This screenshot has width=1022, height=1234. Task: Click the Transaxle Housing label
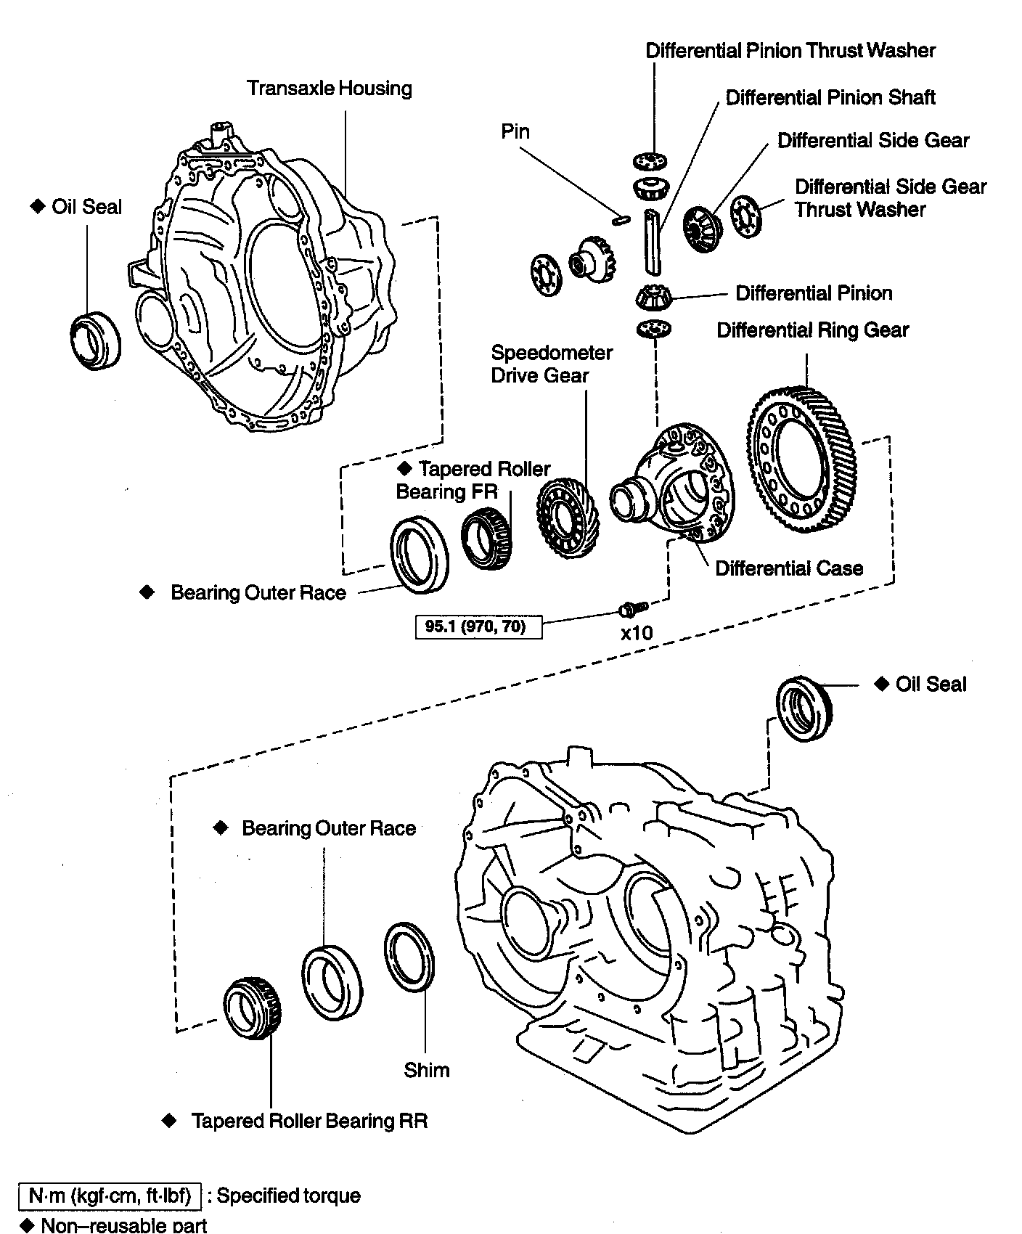pyautogui.click(x=329, y=89)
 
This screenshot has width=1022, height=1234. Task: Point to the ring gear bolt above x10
pyautogui.click(x=629, y=607)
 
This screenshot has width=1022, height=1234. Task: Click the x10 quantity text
pyautogui.click(x=637, y=633)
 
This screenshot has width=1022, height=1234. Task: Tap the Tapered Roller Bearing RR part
pyautogui.click(x=252, y=1008)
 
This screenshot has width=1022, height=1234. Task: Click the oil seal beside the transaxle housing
pyautogui.click(x=95, y=338)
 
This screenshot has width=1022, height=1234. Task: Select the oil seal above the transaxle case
pyautogui.click(x=804, y=708)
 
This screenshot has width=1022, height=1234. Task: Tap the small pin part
pyautogui.click(x=618, y=218)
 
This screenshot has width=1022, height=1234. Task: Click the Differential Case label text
pyautogui.click(x=789, y=568)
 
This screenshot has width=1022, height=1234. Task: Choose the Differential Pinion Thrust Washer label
pyautogui.click(x=790, y=51)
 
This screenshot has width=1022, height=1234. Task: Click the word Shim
pyautogui.click(x=427, y=1070)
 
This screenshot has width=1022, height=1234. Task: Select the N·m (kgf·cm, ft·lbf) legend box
pyautogui.click(x=109, y=1196)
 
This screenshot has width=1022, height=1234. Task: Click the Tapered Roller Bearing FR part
pyautogui.click(x=488, y=538)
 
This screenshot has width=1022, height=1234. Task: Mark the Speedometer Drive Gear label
pyautogui.click(x=551, y=364)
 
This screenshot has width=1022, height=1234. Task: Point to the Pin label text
pyautogui.click(x=515, y=132)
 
